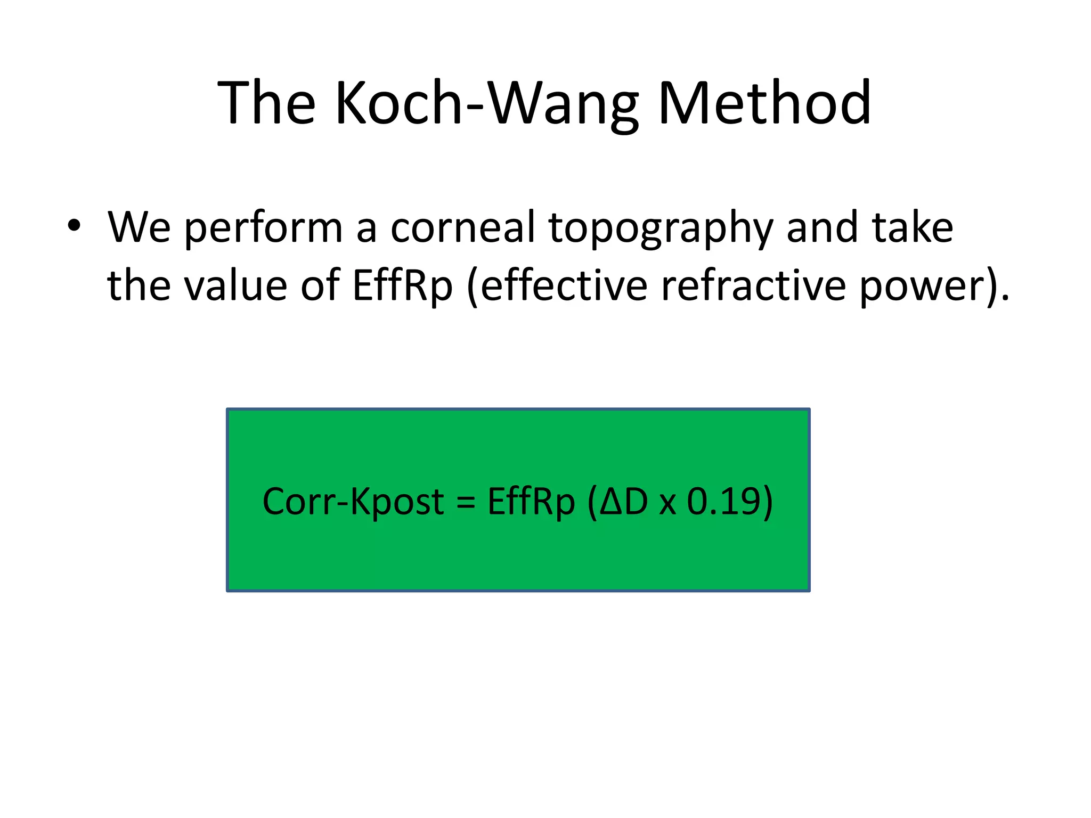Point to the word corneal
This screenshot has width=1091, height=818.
pyautogui.click(x=462, y=227)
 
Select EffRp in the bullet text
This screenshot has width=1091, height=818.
pyautogui.click(x=402, y=287)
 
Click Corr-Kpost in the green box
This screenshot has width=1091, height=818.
pyautogui.click(x=353, y=502)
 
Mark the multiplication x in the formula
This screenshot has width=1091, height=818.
pyautogui.click(x=667, y=504)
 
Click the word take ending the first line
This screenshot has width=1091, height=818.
pyautogui.click(x=912, y=227)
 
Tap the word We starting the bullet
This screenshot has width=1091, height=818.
pyautogui.click(x=139, y=227)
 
